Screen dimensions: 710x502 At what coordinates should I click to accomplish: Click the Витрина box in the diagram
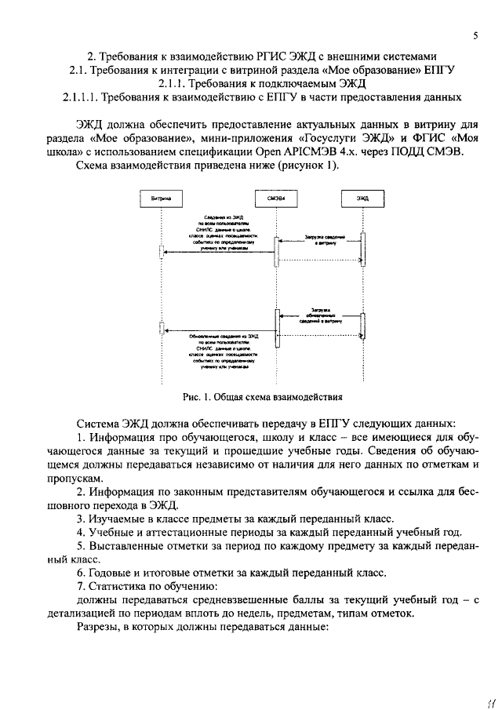pos(161,199)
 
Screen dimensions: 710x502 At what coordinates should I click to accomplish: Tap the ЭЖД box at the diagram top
pos(362,199)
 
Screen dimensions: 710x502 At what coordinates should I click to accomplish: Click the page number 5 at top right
pos(475,37)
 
